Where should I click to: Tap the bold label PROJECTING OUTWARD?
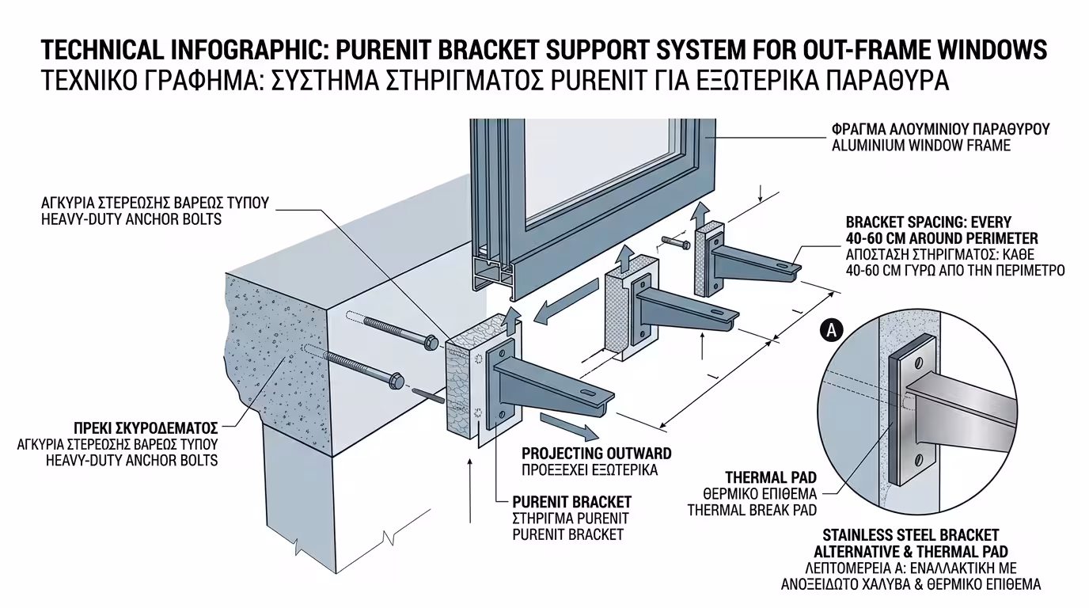[x=596, y=454]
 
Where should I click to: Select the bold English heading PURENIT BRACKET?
[x=571, y=502]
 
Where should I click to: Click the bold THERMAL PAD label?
[x=771, y=477]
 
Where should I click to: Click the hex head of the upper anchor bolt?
[x=431, y=343]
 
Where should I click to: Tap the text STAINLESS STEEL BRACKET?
[x=910, y=536]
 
